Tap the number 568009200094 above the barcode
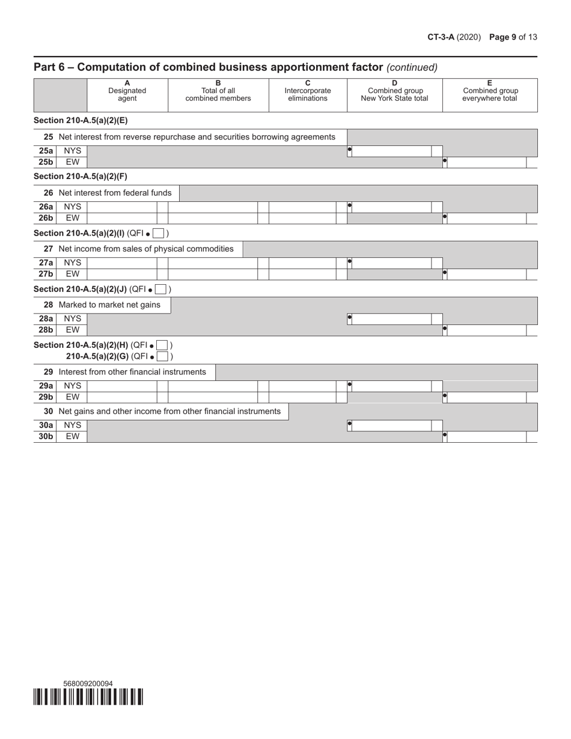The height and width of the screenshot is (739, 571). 88,683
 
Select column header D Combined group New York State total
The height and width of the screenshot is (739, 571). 394,91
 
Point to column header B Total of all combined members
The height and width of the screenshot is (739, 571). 218,91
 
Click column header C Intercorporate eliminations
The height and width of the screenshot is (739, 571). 307,91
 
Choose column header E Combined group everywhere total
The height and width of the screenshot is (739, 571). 489,91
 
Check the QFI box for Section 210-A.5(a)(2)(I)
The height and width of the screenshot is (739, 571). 159,233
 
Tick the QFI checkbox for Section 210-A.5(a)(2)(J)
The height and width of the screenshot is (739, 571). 160,289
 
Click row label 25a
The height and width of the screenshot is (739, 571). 46,151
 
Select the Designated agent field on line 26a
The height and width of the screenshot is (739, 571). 122,207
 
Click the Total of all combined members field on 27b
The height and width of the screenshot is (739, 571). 213,274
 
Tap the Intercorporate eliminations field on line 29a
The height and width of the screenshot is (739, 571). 302,386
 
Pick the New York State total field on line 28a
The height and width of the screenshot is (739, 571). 391,318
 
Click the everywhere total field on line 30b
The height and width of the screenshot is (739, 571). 486,437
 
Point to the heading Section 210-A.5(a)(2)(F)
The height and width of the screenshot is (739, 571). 81,176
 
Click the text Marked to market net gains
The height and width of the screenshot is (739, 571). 109,305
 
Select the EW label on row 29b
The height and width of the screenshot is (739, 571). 72,397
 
